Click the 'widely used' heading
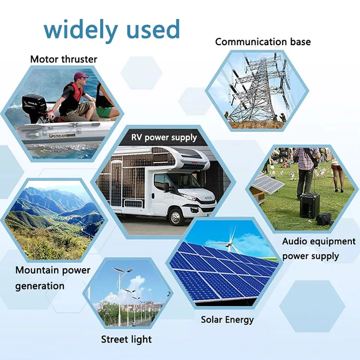coord(111,30)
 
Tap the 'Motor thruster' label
coord(63,60)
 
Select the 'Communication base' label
coord(263,42)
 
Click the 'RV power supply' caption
coord(164,138)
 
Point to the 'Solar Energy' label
coord(227,319)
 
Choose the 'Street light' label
coord(126,339)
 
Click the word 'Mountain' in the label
coord(37,270)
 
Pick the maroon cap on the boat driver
coord(81,75)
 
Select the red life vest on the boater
coord(76,92)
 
